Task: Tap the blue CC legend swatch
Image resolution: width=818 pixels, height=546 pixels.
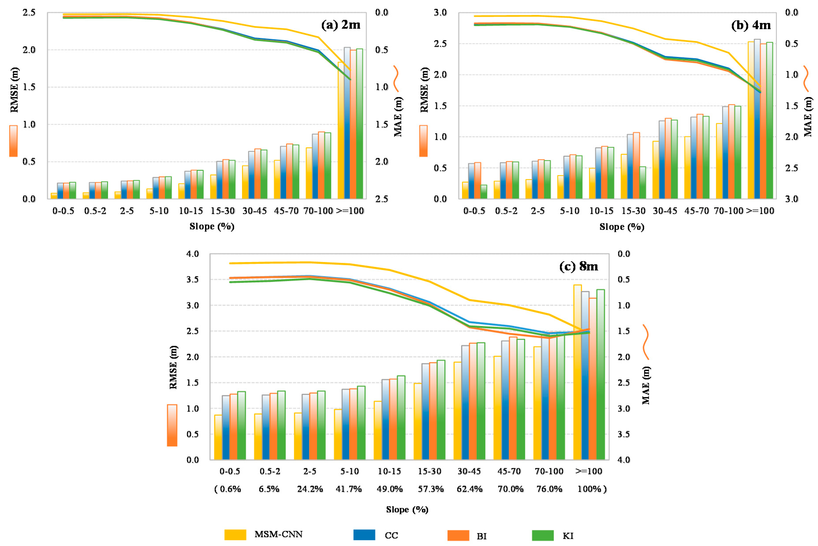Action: pyautogui.click(x=364, y=535)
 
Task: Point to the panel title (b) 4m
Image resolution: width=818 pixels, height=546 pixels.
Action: pyautogui.click(x=751, y=25)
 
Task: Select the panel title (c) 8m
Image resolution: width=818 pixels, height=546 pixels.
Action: pyautogui.click(x=579, y=266)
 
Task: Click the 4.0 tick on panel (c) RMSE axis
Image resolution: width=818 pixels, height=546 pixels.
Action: pyautogui.click(x=192, y=254)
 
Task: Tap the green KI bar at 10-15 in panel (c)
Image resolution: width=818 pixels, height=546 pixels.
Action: pyautogui.click(x=401, y=418)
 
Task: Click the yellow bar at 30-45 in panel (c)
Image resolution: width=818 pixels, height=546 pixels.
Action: pyautogui.click(x=457, y=411)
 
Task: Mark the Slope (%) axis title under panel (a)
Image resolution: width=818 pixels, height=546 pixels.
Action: pyautogui.click(x=212, y=227)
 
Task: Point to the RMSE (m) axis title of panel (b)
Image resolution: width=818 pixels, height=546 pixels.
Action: pyautogui.click(x=424, y=90)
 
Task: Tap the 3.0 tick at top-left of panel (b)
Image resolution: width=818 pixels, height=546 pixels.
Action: pyautogui.click(x=440, y=13)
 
